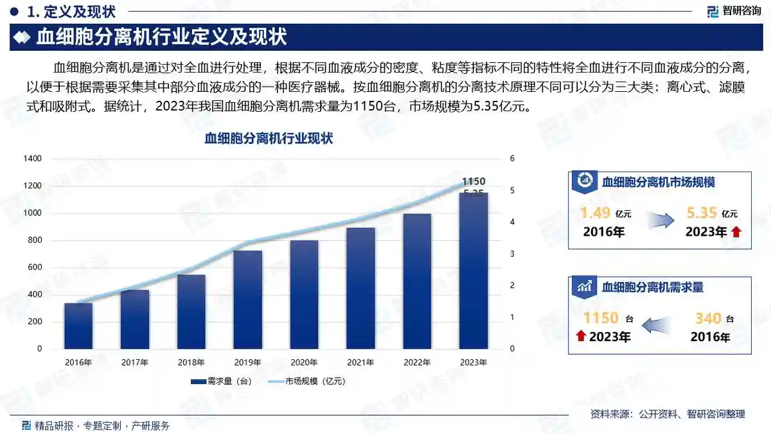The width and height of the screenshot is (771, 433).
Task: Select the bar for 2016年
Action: click(x=78, y=326)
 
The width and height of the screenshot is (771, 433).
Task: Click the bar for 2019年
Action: click(x=247, y=299)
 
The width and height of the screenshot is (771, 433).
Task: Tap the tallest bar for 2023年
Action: click(x=474, y=270)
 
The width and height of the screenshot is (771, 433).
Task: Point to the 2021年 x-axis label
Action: click(x=360, y=363)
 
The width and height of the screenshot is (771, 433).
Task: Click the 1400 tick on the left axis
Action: click(x=32, y=159)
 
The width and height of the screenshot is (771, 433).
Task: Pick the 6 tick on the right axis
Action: click(x=512, y=159)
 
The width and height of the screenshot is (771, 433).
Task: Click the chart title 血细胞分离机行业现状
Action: click(x=269, y=138)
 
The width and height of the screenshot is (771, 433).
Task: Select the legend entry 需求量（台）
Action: click(x=222, y=381)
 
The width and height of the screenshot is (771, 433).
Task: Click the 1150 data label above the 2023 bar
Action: click(x=474, y=181)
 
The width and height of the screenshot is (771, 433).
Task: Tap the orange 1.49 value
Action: click(x=594, y=213)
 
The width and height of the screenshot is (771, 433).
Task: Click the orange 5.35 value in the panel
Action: click(x=700, y=213)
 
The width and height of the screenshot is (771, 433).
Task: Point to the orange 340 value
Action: click(x=709, y=317)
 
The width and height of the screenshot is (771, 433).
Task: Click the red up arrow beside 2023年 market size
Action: click(x=736, y=233)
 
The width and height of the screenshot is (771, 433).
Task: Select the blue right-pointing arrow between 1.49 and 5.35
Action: click(x=660, y=221)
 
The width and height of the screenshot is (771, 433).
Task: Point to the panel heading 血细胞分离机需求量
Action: click(x=653, y=287)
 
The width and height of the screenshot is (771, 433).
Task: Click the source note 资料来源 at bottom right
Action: click(x=668, y=414)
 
